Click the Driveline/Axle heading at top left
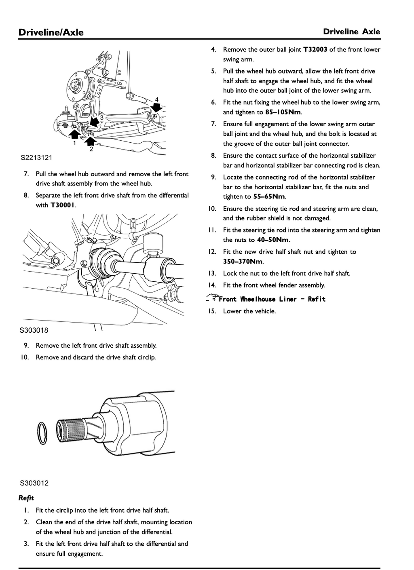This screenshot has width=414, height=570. (51, 32)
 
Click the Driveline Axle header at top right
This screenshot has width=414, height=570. (351, 32)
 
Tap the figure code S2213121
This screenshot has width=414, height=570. (36, 158)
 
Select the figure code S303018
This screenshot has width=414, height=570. (34, 330)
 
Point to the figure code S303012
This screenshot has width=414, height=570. (34, 483)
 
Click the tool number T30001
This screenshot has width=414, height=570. (63, 205)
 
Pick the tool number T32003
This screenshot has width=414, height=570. (315, 49)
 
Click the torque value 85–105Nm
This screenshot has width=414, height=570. (283, 112)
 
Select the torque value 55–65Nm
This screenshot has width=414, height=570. (269, 197)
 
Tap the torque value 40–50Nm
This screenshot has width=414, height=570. (273, 240)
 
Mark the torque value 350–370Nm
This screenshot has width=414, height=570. (243, 262)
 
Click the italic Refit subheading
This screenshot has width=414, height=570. (26, 498)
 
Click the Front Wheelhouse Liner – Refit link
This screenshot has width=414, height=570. (272, 299)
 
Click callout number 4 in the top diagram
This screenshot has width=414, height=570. (157, 99)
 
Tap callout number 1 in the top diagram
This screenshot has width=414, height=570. (74, 143)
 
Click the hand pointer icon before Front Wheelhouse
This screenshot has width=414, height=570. (212, 298)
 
